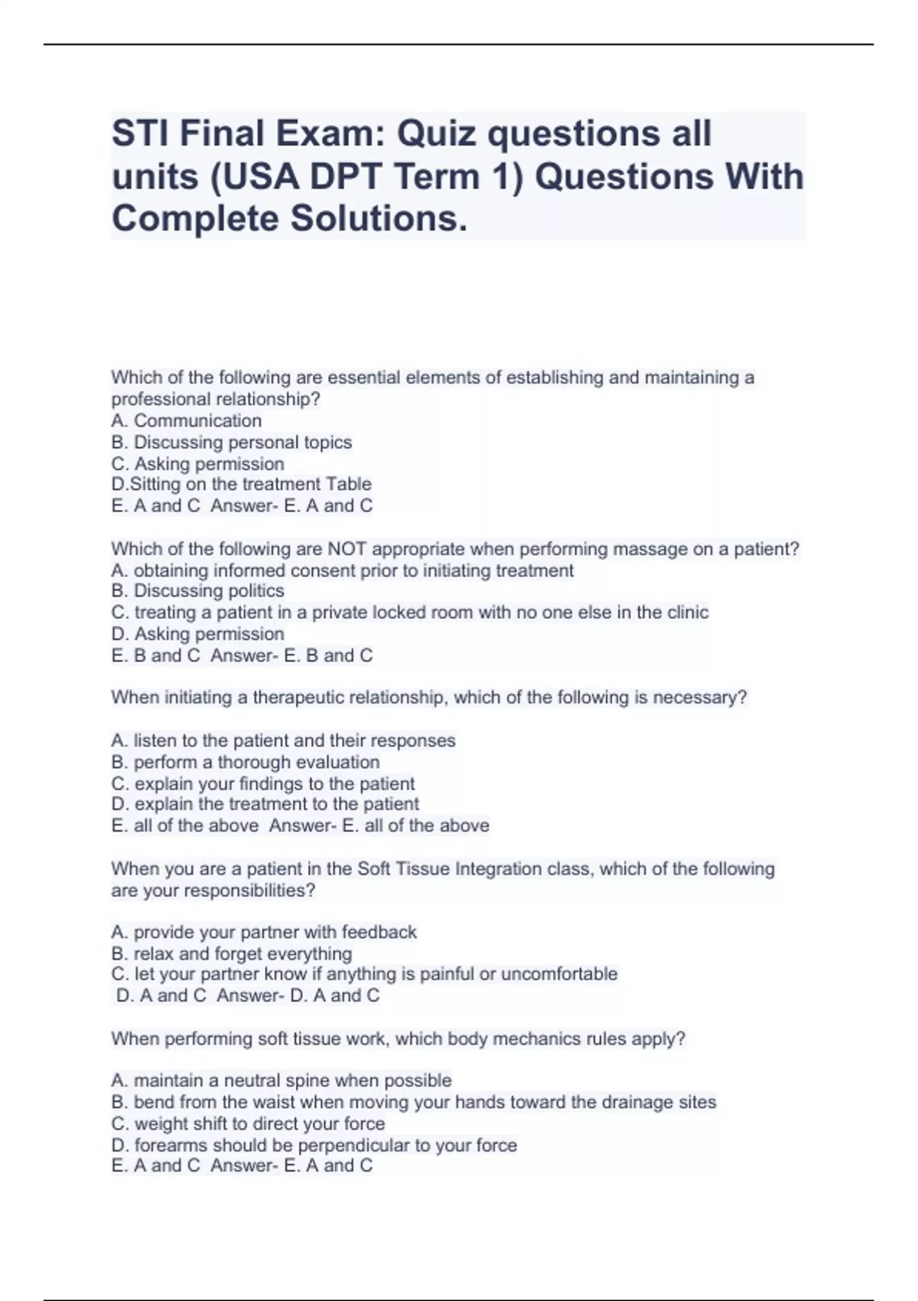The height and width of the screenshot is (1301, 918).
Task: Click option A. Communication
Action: [x=187, y=420]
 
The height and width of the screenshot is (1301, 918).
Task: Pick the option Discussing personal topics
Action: [x=232, y=442]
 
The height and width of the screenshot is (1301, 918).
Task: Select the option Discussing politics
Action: [x=198, y=591]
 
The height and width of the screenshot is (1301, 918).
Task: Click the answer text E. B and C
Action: [x=328, y=656]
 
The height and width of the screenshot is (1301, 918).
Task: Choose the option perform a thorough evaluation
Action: [x=246, y=762]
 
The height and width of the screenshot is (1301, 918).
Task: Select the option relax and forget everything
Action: [x=232, y=954]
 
